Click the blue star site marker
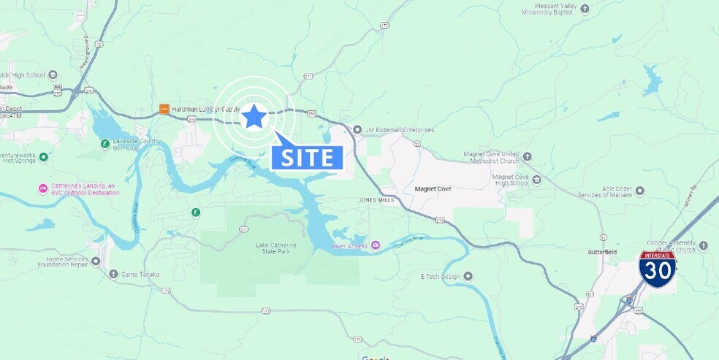[x=254, y=116]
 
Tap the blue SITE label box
[x=307, y=157]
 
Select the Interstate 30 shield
[x=657, y=269]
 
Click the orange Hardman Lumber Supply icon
[x=164, y=109]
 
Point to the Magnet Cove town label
[x=433, y=188]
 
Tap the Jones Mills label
[x=376, y=199]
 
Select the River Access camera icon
[x=376, y=245]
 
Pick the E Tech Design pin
[x=468, y=276]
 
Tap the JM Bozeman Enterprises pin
[x=357, y=130]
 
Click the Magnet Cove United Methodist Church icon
[x=528, y=157]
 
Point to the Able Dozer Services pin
[x=639, y=191]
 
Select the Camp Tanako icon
[x=113, y=275]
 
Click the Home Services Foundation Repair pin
[x=96, y=261]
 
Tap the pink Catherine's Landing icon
[x=43, y=188]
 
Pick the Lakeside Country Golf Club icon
[x=104, y=143]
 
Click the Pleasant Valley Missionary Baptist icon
[x=585, y=8]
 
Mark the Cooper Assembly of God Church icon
[x=703, y=245]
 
